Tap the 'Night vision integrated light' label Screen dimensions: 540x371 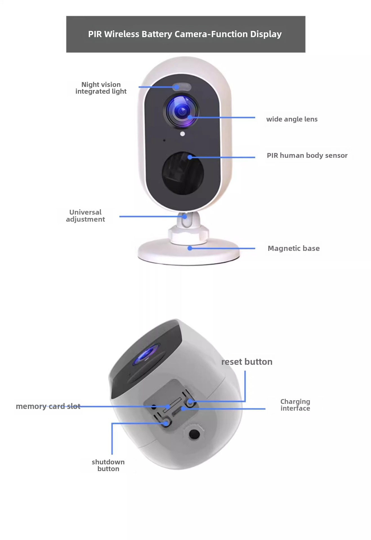point(101,88)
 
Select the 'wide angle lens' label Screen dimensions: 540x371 point(292,119)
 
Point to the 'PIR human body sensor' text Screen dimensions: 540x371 point(307,156)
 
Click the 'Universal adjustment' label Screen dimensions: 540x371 point(85,216)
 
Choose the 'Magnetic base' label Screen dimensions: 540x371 point(293,248)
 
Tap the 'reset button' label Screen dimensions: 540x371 point(247,362)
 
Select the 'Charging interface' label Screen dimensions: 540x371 point(295,405)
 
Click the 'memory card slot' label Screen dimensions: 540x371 point(48,406)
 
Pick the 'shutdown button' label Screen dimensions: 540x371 point(108,465)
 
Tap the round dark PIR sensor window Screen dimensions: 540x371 point(182,173)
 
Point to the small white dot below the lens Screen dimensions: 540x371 point(182,134)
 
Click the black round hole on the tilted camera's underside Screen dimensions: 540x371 point(194,434)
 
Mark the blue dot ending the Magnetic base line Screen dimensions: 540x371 point(190,248)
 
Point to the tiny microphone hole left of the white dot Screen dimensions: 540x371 point(164,140)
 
